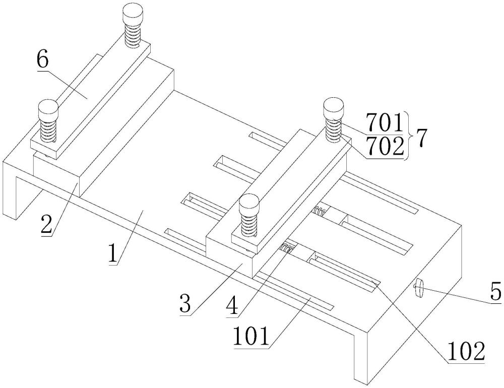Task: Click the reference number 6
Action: click(x=43, y=59)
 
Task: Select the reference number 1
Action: click(x=112, y=253)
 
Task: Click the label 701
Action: click(x=385, y=123)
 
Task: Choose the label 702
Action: click(x=385, y=147)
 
